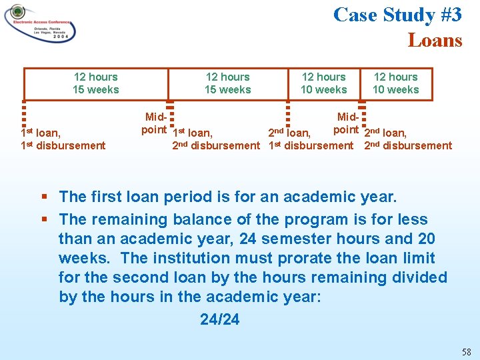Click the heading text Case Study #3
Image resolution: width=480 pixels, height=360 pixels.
pos(397,15)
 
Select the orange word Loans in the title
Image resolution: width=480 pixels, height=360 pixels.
pos(435,40)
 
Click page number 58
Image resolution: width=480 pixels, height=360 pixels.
pos(466,351)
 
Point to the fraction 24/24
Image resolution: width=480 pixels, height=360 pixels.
pos(219,319)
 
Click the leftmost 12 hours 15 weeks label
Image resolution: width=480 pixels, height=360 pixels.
pos(96,83)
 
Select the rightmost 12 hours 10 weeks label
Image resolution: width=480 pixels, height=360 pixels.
pos(396,83)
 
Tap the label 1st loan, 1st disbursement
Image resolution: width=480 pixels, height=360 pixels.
pos(63,139)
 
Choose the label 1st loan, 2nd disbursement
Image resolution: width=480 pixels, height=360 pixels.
pos(215,139)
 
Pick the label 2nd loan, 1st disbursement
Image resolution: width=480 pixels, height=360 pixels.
pos(311,139)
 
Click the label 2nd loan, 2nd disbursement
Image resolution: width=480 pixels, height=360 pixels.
pos(408,139)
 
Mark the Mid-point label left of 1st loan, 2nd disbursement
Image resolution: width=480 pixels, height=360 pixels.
pos(155,123)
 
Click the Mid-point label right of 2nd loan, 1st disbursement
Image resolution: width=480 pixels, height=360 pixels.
pos(347,123)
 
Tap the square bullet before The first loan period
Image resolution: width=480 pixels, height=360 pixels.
pos(44,197)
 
